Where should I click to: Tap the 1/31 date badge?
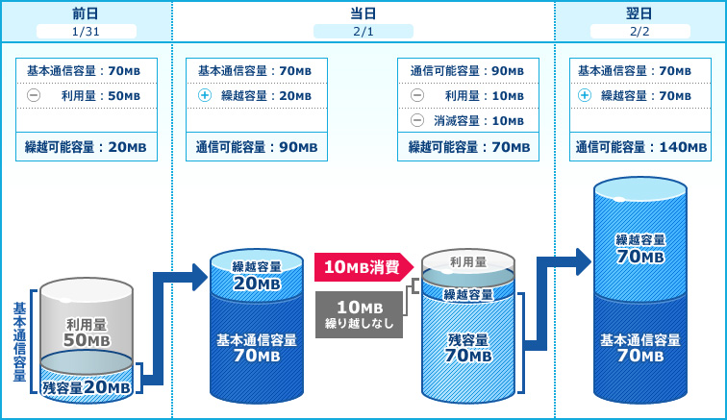[87, 31]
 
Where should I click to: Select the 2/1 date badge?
[363, 31]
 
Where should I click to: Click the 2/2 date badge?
[639, 31]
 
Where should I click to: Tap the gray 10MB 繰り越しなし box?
[359, 314]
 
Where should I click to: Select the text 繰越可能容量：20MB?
[87, 147]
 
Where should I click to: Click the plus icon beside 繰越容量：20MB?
[204, 96]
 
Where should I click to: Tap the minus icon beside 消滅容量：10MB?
[416, 120]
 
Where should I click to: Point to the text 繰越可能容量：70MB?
[468, 147]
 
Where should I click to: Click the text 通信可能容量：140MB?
[640, 147]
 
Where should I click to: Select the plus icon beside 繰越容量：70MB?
[585, 96]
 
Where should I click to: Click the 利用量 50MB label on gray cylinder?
[87, 333]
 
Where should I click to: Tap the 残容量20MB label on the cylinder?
[87, 386]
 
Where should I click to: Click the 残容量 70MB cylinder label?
[468, 347]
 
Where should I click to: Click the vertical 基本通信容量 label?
[19, 342]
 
